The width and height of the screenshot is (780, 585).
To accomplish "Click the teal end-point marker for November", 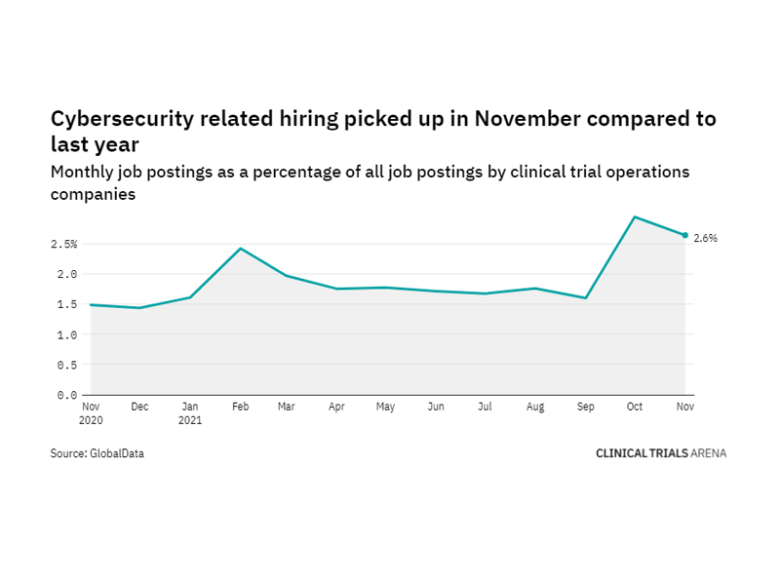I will [x=685, y=235].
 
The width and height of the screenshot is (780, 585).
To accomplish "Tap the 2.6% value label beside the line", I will [x=706, y=238].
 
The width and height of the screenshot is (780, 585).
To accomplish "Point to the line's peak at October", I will [x=636, y=217].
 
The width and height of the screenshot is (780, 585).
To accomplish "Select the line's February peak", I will [x=240, y=249].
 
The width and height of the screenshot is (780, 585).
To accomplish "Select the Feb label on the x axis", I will [x=240, y=407].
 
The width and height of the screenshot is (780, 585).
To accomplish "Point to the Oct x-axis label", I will [x=636, y=407].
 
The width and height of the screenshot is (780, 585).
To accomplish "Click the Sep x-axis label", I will [x=586, y=407].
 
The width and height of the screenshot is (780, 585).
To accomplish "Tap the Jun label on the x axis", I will [x=438, y=407].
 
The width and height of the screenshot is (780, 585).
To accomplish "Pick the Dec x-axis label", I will [x=140, y=407].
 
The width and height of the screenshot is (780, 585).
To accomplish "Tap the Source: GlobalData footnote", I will [x=97, y=453].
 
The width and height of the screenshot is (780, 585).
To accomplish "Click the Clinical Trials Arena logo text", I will [x=661, y=453].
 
